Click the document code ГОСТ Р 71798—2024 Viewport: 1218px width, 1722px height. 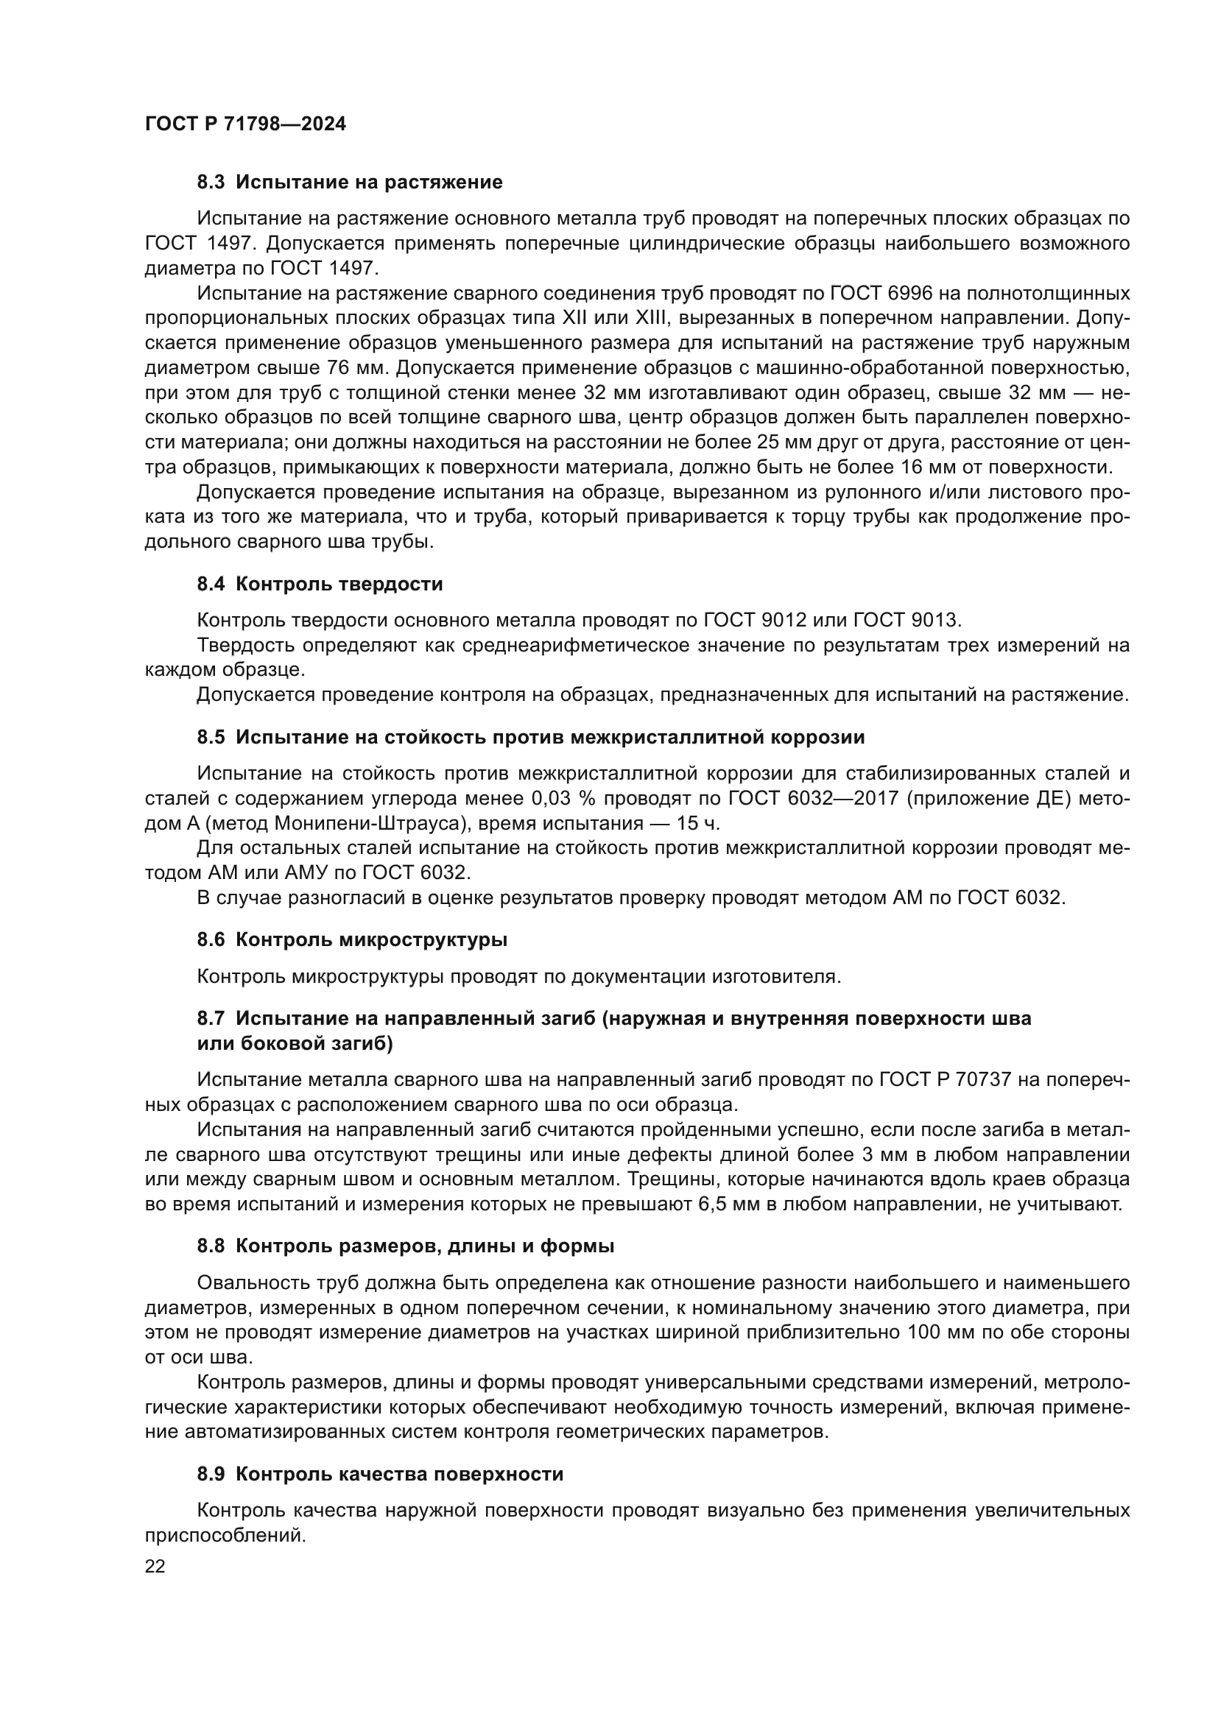coord(245,124)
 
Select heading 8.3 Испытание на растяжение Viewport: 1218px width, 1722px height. coord(350,183)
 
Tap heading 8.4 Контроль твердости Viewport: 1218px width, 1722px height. coord(320,585)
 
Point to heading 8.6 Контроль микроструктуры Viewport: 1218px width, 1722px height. coord(352,939)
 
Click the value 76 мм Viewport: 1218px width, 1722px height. coord(356,367)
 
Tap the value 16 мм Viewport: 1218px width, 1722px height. coord(904,467)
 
